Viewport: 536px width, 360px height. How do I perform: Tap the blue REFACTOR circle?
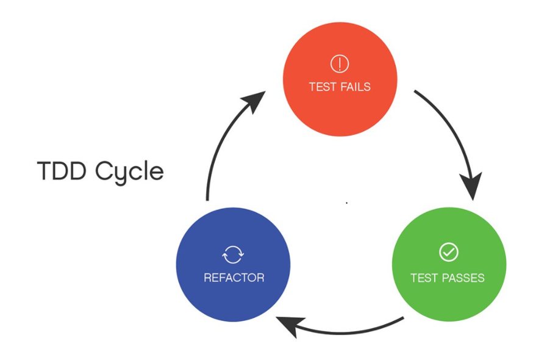[233, 264]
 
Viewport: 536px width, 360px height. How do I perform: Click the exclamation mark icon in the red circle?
[339, 63]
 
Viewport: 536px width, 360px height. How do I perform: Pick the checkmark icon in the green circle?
[448, 252]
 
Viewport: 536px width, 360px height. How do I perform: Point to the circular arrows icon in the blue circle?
[233, 253]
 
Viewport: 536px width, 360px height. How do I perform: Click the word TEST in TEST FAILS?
[321, 87]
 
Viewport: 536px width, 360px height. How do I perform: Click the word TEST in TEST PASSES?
[424, 278]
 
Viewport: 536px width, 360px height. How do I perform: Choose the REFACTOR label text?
[234, 278]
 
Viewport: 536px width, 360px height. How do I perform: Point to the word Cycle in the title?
[129, 173]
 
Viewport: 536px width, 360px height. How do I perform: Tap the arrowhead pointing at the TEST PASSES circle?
[471, 185]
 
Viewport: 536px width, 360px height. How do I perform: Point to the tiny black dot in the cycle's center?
[346, 203]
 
